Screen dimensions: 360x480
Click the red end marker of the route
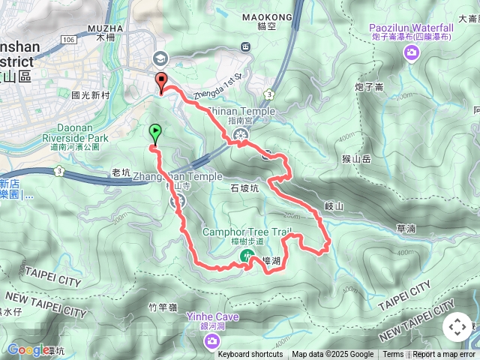click(160, 82)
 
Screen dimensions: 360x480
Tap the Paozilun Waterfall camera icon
click(411, 52)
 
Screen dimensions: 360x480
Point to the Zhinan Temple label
click(240, 112)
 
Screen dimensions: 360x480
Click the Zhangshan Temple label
click(177, 176)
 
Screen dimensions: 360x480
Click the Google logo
click(28, 349)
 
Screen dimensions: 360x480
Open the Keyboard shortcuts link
click(250, 355)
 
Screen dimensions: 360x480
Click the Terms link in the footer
click(393, 355)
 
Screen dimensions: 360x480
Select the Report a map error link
click(444, 355)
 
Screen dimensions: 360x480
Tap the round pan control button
click(457, 328)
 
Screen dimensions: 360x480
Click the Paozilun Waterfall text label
click(411, 27)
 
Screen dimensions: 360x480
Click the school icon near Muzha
click(160, 58)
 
